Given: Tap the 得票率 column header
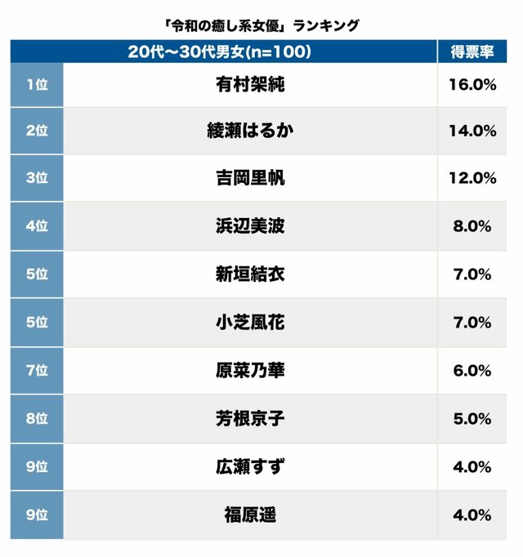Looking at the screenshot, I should (x=472, y=51).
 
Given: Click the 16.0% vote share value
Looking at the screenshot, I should (x=472, y=84).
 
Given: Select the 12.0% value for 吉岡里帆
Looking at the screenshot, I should (x=472, y=178).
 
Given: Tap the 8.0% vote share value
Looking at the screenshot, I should (x=472, y=226).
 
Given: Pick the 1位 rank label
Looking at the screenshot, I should (x=37, y=84).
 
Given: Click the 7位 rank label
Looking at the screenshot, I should (x=37, y=370).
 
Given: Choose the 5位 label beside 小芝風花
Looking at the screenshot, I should (x=37, y=323).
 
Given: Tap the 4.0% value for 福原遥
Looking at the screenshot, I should (x=472, y=515).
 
